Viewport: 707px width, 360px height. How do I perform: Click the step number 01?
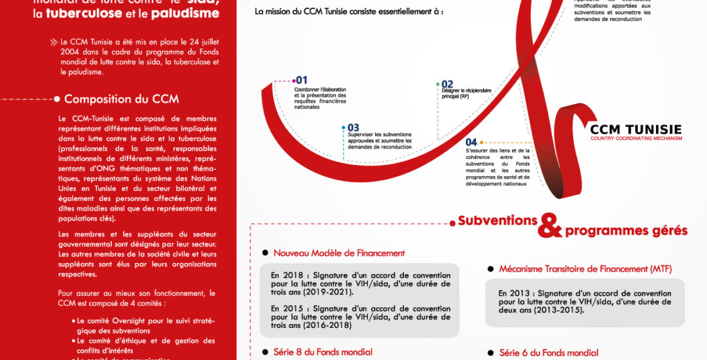tap(302, 80)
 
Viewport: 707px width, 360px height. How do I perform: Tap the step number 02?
tap(448, 84)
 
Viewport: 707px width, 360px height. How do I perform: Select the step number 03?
tap(353, 128)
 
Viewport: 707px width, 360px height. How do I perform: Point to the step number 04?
tap(471, 142)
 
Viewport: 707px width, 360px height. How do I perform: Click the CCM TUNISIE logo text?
tap(636, 129)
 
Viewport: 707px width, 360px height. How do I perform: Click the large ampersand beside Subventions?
tap(550, 226)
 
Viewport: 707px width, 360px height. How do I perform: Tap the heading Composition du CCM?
tap(121, 99)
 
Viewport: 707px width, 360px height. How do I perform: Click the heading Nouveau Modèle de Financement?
tap(339, 253)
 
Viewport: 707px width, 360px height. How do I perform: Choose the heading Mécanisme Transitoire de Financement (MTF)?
tap(585, 269)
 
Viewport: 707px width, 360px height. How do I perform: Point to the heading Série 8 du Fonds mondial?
tap(323, 352)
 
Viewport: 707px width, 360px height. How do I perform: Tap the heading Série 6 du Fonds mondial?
tap(549, 353)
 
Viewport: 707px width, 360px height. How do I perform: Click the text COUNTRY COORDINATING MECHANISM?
tap(636, 139)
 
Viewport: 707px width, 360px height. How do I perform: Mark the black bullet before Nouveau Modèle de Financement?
tap(265, 253)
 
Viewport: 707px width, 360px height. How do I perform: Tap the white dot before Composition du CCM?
tap(57, 99)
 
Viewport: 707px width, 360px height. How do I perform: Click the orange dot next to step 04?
tap(482, 142)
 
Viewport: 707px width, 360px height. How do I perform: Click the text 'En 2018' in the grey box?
tap(287, 276)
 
